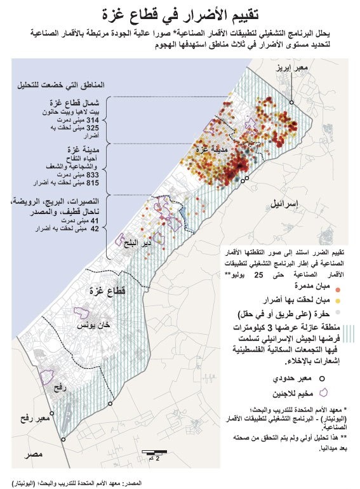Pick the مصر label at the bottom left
[30, 455]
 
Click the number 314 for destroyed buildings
[93, 119]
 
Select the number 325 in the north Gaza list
[93, 128]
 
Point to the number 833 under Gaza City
[93, 175]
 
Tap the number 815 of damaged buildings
[93, 183]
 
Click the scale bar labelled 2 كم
[154, 452]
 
